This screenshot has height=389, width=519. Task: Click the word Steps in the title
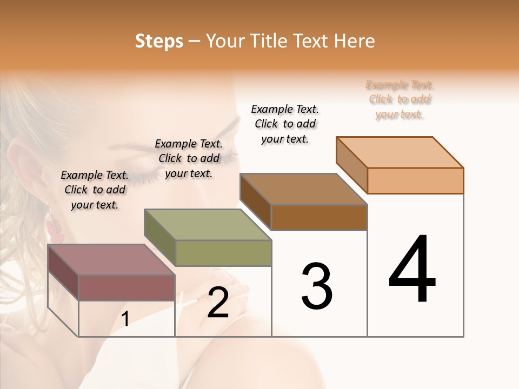(x=159, y=41)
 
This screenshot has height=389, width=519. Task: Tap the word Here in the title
(x=354, y=41)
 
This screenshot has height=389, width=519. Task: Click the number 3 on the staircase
(x=317, y=286)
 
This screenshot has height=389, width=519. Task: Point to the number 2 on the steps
(x=218, y=303)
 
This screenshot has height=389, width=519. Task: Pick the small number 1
(x=125, y=319)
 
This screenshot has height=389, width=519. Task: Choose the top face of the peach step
(x=400, y=152)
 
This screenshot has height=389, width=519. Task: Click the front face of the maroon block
(x=127, y=287)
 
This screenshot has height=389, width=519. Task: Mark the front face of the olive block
(x=223, y=253)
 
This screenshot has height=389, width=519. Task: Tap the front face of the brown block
(x=319, y=217)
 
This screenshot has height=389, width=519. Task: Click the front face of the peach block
(x=415, y=180)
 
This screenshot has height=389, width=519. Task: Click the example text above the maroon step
(x=95, y=190)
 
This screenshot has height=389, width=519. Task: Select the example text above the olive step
(x=189, y=158)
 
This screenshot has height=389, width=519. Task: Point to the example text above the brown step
(x=285, y=124)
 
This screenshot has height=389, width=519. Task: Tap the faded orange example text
(x=400, y=99)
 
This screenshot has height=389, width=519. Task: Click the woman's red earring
(x=56, y=226)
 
